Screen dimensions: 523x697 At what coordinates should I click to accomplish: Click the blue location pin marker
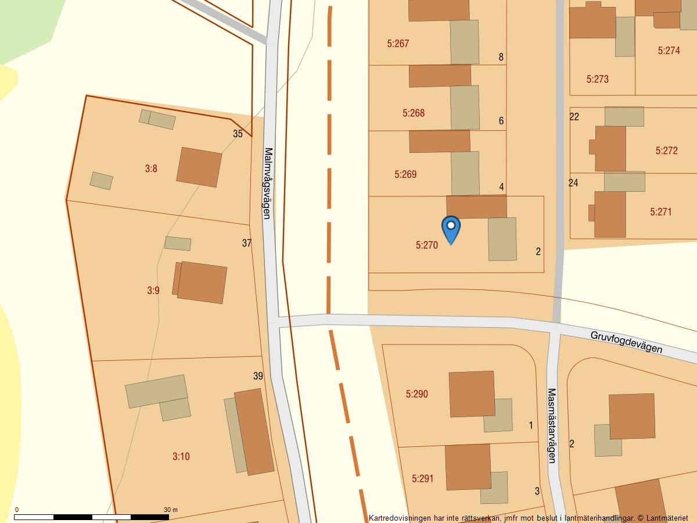pos(451,228)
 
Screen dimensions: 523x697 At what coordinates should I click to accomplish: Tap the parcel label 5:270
pos(426,245)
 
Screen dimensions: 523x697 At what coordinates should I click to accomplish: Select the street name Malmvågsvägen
pos(268,182)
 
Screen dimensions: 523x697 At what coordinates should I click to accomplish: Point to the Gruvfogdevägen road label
pos(626,342)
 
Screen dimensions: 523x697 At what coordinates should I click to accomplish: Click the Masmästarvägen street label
pos(552,425)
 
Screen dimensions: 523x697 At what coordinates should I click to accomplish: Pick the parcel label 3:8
pos(151,169)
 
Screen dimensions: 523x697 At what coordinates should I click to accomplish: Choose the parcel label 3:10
pos(181,456)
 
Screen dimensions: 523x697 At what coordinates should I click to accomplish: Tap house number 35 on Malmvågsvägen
pos(238,134)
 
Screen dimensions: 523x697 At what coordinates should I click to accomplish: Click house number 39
pos(258,376)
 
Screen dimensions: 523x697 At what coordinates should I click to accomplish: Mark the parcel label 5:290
pos(416,394)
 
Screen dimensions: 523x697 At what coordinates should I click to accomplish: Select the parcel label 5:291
pos(422,479)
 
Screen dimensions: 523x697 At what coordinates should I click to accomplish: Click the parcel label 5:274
pos(669,51)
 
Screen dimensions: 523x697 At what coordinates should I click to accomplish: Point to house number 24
pos(573,183)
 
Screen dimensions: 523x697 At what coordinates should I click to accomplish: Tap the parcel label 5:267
pos(398,43)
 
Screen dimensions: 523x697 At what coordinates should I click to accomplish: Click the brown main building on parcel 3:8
pos(199,167)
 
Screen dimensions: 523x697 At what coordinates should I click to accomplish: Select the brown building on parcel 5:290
pos(472,393)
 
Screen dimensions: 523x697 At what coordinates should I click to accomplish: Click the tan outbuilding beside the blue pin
pos(502,239)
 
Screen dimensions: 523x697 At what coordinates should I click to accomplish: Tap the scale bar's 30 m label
pos(170,510)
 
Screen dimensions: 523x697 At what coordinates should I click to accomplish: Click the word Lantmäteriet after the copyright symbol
pos(667,517)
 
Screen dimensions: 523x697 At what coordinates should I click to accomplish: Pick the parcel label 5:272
pos(666,151)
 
